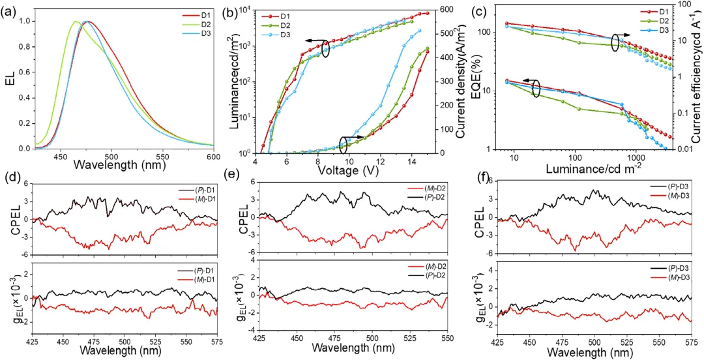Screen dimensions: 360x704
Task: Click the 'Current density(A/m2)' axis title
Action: pyautogui.click(x=460, y=80)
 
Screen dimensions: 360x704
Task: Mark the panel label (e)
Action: pyautogui.click(x=231, y=175)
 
